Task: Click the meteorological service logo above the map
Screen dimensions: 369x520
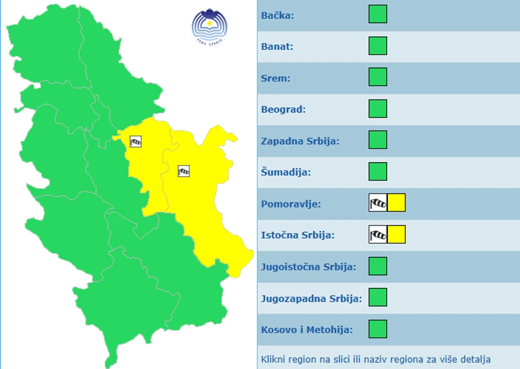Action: pos(209,26)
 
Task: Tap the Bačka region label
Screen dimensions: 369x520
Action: pos(278,15)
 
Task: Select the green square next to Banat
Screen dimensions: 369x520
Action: pos(378,46)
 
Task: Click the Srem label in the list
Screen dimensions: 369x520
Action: pos(275,78)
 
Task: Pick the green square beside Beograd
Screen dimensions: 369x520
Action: pos(378,108)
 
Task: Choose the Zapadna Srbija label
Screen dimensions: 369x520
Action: pos(300,141)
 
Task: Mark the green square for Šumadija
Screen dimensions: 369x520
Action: pos(378,171)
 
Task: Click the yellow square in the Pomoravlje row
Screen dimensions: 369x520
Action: pos(397,202)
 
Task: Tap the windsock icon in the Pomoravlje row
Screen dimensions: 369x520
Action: pos(378,202)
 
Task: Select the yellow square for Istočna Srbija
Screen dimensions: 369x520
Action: pos(397,235)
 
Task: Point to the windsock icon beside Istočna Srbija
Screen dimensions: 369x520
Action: pos(378,235)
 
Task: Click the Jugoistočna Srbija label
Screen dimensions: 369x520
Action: pos(308,267)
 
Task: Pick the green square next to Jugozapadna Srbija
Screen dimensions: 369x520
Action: pos(378,297)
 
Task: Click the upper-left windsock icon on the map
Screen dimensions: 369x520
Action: pos(136,142)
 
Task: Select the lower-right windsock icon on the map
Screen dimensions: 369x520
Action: pos(184,171)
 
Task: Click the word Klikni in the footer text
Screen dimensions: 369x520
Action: pos(272,360)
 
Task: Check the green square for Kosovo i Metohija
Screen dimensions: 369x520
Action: pos(378,329)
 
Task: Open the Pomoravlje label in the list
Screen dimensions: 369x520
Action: pos(291,204)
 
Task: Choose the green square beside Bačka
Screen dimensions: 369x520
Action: pos(378,14)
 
